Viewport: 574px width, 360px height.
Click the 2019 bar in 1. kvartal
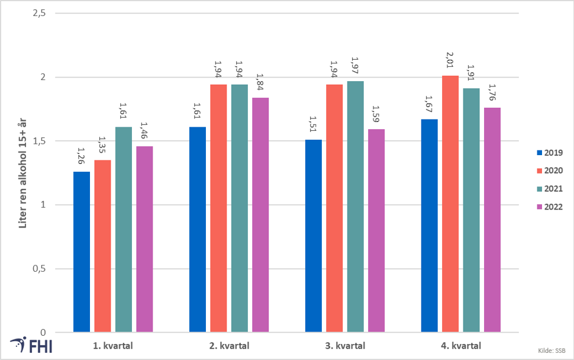tap(82, 252)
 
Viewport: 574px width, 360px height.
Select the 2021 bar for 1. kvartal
tap(124, 230)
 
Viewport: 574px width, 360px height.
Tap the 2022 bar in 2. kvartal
tap(260, 215)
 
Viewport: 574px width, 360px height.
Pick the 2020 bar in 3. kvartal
tap(334, 208)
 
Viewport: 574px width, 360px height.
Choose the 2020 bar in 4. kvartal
tap(450, 204)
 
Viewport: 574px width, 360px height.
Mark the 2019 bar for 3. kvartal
tap(314, 236)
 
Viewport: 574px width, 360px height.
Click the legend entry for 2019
tap(550, 153)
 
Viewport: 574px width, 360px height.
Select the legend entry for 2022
tap(550, 207)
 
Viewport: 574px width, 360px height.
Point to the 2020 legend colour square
tap(539, 171)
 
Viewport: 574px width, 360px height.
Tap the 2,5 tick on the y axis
tap(39, 13)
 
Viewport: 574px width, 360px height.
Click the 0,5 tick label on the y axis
tap(39, 268)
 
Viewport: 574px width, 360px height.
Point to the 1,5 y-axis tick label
tap(39, 141)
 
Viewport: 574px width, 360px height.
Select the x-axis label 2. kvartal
tap(229, 346)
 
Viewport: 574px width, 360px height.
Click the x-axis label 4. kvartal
tap(461, 346)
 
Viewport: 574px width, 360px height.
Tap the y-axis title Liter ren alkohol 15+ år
tap(22, 173)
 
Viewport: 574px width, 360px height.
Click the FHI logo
tap(31, 345)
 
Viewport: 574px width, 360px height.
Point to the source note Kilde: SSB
tap(552, 351)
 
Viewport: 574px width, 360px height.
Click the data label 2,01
tap(450, 60)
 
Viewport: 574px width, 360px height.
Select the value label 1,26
tap(82, 156)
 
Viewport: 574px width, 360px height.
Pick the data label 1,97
tap(355, 65)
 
